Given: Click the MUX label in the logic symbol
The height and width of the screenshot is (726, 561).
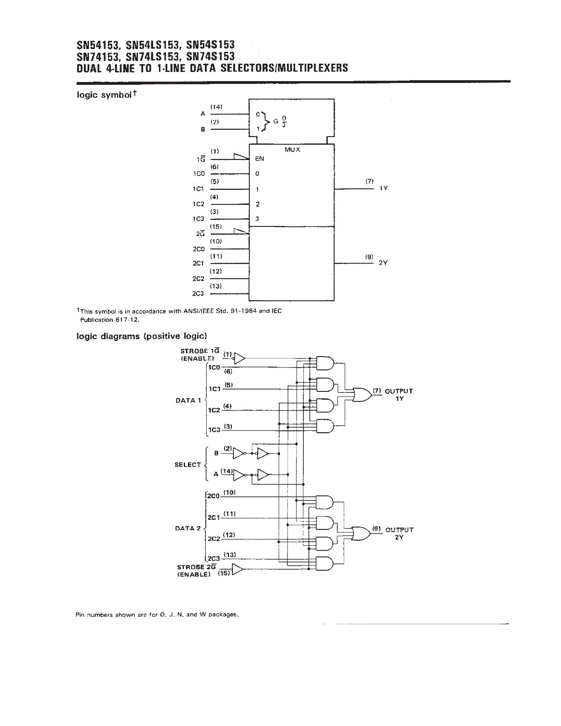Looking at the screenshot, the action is (292, 150).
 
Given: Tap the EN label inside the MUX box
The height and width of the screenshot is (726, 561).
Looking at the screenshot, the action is (259, 159).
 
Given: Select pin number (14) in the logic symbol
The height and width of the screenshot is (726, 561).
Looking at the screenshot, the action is (216, 107).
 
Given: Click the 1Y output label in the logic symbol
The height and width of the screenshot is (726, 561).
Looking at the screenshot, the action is (384, 188).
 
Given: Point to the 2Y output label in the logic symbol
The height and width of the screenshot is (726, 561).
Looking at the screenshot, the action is (383, 263).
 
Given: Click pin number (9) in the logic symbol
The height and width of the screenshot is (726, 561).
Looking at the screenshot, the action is (369, 257).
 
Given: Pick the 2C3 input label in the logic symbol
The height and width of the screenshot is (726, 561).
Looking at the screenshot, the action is (198, 294).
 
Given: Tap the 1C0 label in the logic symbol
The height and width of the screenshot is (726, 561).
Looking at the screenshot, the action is (199, 174).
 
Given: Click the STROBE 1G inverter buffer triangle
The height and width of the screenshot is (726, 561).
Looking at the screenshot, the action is (239, 358).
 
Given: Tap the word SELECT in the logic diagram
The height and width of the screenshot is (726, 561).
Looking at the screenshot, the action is (187, 465).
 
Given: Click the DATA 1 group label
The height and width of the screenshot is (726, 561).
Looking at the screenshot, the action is (188, 400).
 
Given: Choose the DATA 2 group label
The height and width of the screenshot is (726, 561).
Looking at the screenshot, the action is (188, 528).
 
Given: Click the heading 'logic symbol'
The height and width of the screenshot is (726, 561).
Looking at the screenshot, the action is (104, 95).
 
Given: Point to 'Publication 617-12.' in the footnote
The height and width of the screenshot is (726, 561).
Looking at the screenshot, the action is (109, 320).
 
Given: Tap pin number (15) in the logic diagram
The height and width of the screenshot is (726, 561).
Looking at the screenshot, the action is (224, 573).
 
